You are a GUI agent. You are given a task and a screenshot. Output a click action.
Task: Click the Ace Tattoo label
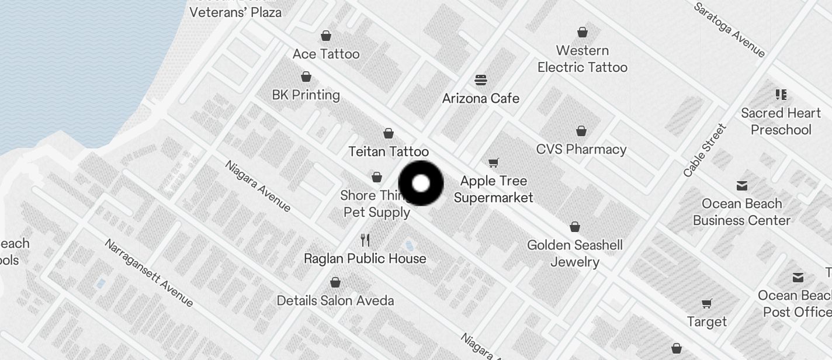tap(326, 54)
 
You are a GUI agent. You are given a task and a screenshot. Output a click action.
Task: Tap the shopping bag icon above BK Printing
tap(306, 77)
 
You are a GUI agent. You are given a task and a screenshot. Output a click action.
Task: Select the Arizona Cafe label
tap(480, 98)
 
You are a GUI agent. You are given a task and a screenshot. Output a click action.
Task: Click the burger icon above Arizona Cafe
tap(480, 79)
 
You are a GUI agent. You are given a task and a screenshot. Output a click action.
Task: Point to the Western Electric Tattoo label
tap(582, 59)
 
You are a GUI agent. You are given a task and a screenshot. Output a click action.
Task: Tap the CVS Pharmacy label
tap(581, 150)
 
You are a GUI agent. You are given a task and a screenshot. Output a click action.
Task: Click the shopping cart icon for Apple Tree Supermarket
tap(494, 162)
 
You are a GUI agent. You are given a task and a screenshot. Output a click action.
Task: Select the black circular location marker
tap(421, 184)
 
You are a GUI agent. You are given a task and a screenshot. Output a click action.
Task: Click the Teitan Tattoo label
tap(388, 152)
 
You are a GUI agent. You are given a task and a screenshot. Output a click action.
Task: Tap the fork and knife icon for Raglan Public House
tap(365, 240)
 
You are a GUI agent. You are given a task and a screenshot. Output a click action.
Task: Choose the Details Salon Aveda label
tap(335, 301)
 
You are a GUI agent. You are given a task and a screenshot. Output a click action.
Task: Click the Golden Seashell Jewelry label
tap(575, 253)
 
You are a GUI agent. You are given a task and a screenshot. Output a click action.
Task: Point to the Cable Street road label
tap(705, 150)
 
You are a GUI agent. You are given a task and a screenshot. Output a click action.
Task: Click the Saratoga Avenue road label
tap(729, 30)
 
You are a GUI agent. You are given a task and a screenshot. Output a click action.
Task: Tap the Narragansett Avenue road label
tap(149, 273)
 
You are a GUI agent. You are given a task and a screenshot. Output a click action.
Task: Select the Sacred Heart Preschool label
tap(781, 121)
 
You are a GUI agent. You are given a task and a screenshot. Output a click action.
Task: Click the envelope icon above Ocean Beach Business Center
tap(741, 186)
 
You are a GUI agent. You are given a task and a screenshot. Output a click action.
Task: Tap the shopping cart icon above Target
tap(707, 303)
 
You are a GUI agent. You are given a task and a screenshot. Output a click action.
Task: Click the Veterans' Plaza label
tap(236, 12)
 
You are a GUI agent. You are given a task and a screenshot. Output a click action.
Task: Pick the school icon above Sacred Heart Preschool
tap(781, 94)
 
